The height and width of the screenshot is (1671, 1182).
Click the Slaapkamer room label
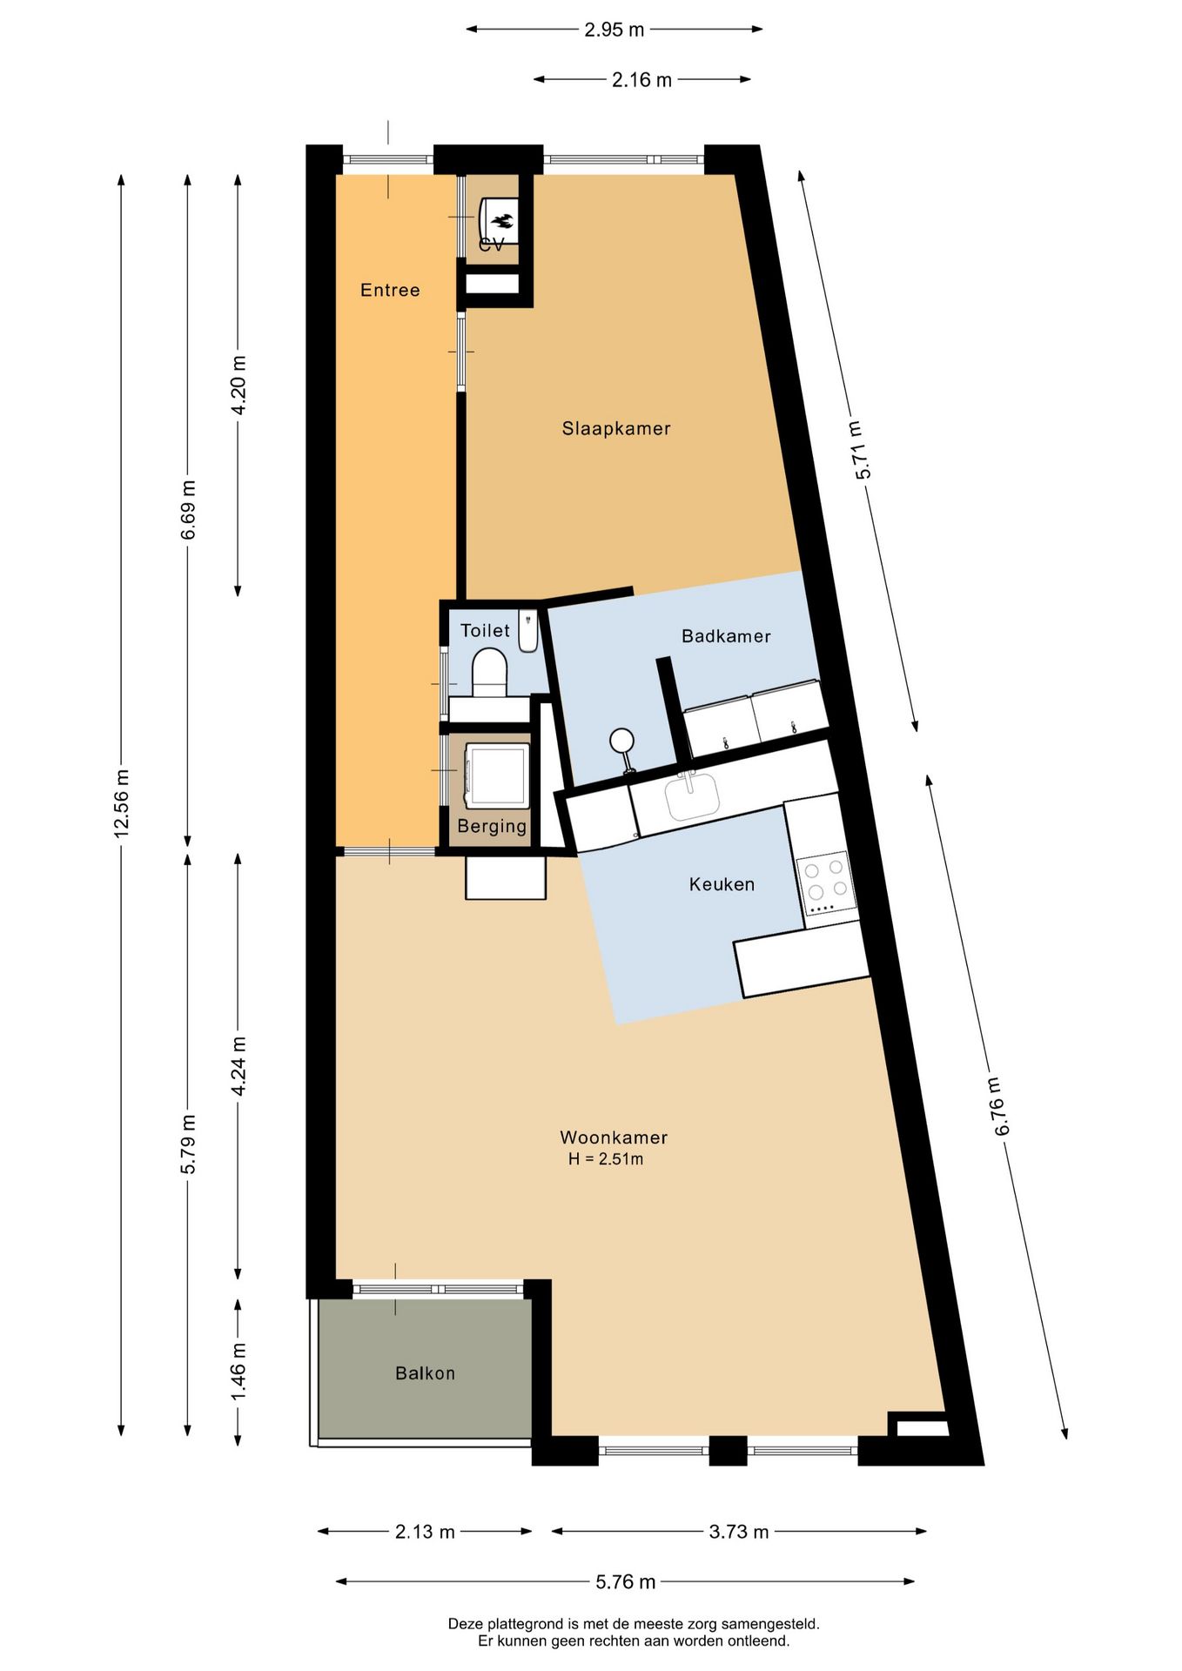point(615,428)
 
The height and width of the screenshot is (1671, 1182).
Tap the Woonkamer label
point(613,1137)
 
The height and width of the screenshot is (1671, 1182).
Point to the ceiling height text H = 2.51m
point(606,1159)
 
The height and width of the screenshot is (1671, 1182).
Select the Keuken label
point(722,884)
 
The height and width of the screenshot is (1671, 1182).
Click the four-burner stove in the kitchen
point(823,881)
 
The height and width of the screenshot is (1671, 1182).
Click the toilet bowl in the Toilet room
point(489,672)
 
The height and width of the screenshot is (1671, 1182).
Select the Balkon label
point(425,1373)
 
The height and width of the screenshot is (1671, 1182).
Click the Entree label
point(390,290)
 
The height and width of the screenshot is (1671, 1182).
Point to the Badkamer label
point(726,636)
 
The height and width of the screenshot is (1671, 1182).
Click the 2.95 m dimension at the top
point(614,30)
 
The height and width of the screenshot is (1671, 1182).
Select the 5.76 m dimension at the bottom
point(625,1581)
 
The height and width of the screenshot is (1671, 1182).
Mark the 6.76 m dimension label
point(998,1105)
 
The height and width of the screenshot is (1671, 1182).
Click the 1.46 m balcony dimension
point(238,1372)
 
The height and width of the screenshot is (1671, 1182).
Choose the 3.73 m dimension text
point(738,1532)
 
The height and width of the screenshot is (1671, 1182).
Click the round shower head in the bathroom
point(621,741)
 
